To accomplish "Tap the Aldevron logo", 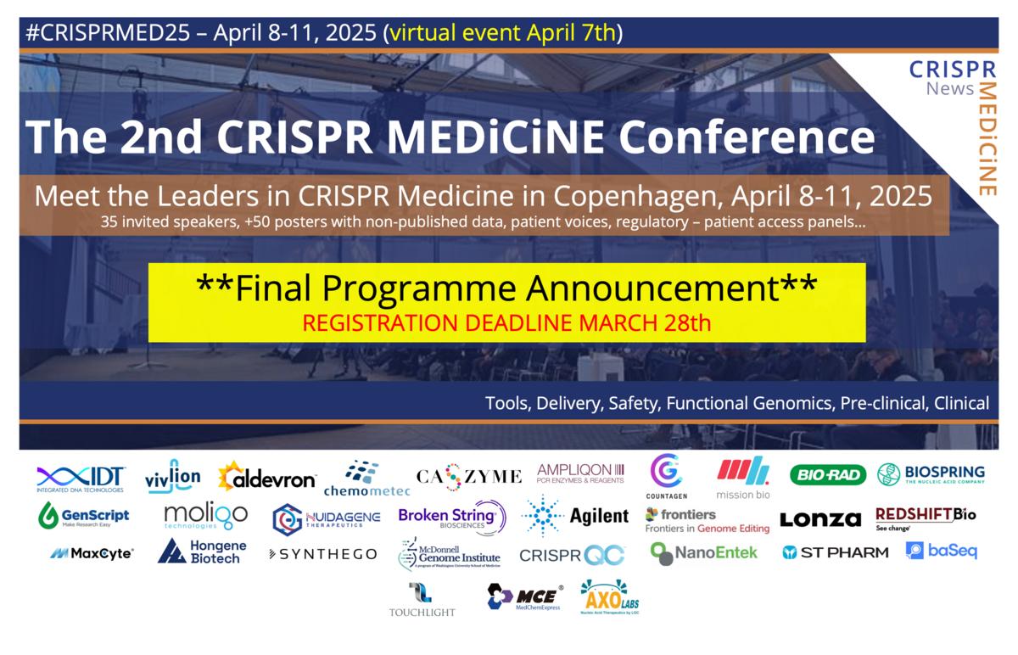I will tap(267, 479).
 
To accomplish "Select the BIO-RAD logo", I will tap(827, 475).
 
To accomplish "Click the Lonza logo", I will tap(819, 519).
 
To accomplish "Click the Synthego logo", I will tap(322, 554).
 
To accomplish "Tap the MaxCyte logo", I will tap(92, 553).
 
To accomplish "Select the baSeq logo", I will tap(942, 551).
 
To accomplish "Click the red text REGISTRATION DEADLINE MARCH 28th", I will tap(506, 323).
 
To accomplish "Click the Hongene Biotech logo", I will tap(200, 551).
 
